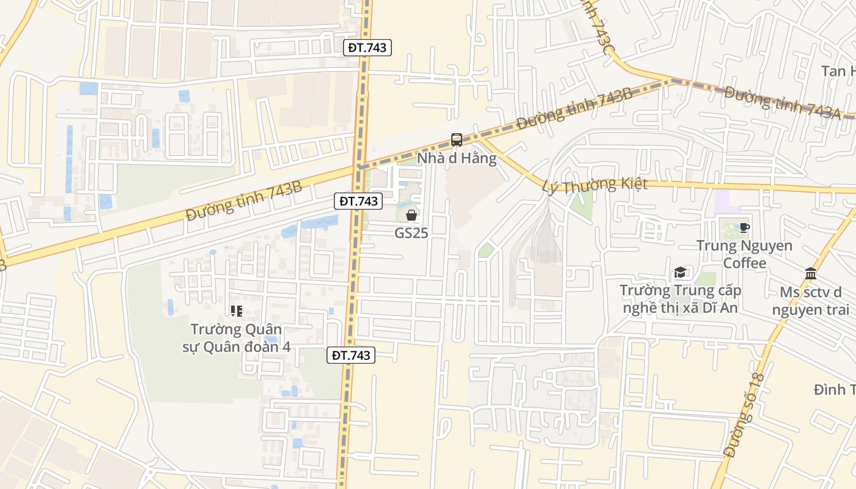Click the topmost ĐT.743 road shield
coord(367,47)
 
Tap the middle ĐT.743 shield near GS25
coord(358,200)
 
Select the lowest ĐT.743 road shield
coord(350,355)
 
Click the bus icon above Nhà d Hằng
coord(456,140)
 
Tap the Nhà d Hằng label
coord(456,158)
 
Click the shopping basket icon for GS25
coord(411,215)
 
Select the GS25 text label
coord(411,233)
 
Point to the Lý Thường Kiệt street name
coord(594,185)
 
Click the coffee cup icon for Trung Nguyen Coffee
coord(744,228)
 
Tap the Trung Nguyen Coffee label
coord(744,254)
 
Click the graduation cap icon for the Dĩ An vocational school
coord(680,273)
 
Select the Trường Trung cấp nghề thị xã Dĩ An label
coord(680,299)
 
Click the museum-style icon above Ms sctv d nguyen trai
coord(811,273)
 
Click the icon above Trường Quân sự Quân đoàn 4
coord(237,311)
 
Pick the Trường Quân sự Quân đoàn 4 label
coord(236,338)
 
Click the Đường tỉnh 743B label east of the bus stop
coord(574,109)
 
